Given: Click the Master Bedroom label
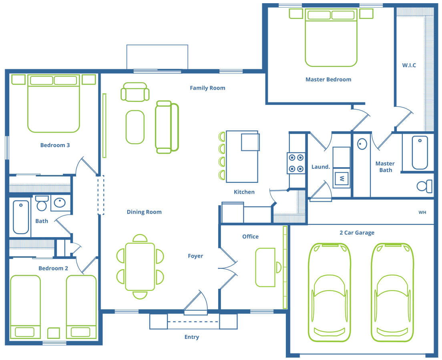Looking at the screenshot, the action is pyautogui.click(x=328, y=80).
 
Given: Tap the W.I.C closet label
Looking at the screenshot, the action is pyautogui.click(x=409, y=65).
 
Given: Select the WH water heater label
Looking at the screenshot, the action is pyautogui.click(x=422, y=212).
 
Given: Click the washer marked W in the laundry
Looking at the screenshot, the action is pyautogui.click(x=342, y=178).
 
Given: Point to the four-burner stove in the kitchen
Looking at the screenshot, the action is pyautogui.click(x=296, y=163).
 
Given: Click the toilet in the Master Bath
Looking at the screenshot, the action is pyautogui.click(x=424, y=186).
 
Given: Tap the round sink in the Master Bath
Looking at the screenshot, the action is pyautogui.click(x=362, y=144).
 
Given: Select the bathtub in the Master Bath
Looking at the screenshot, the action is pyautogui.click(x=420, y=152).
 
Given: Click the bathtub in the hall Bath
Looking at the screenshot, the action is pyautogui.click(x=21, y=217).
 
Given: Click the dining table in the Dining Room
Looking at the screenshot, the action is pyautogui.click(x=140, y=266).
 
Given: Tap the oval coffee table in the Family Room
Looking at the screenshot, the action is pyautogui.click(x=135, y=127).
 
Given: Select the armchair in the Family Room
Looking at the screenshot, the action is pyautogui.click(x=135, y=92).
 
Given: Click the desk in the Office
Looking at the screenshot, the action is pyautogui.click(x=265, y=267).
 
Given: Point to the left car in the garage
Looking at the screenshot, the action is pyautogui.click(x=329, y=292).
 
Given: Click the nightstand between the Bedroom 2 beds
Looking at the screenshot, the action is pyautogui.click(x=53, y=333).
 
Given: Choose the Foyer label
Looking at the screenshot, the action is pyautogui.click(x=195, y=256).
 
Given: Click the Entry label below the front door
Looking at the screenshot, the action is pyautogui.click(x=192, y=337).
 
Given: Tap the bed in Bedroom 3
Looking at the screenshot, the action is pyautogui.click(x=54, y=103).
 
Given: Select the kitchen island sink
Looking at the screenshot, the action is pyautogui.click(x=250, y=142).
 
